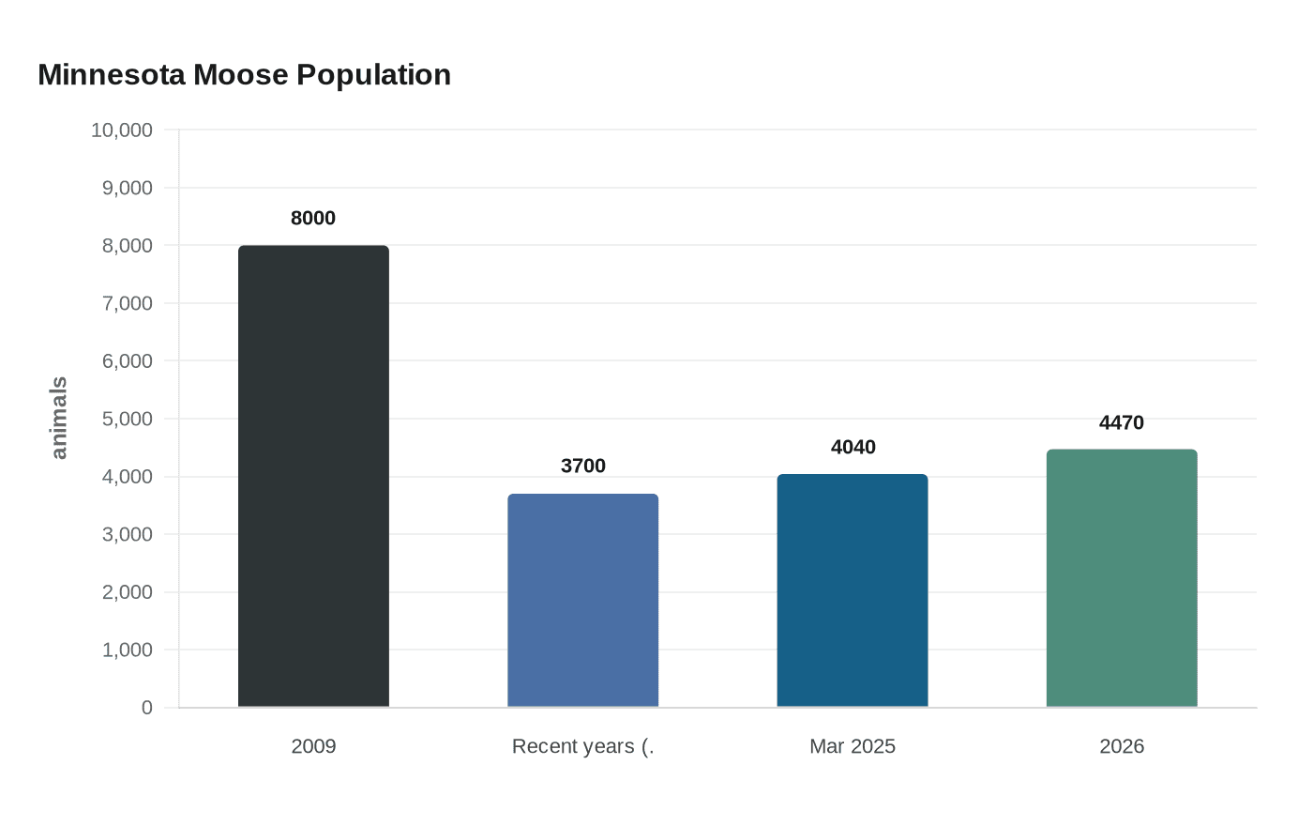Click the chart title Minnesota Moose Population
coord(244,74)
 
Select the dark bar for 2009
coord(313,476)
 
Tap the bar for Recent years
coord(582,600)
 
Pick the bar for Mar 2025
coord(853,590)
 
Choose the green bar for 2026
coord(1122,578)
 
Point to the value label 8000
coord(313,218)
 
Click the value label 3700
coord(582,466)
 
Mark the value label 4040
coord(853,447)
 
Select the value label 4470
coord(1122,422)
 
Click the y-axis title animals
coord(58,418)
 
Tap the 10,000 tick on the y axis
coord(122,130)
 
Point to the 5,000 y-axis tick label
coord(127,419)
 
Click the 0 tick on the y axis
coord(146,708)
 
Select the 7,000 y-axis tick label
coord(127,303)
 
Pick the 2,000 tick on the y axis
coord(127,592)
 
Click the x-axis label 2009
coord(313,746)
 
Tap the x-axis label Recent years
coord(582,746)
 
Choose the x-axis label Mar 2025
coord(853,746)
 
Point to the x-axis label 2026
coord(1122,746)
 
